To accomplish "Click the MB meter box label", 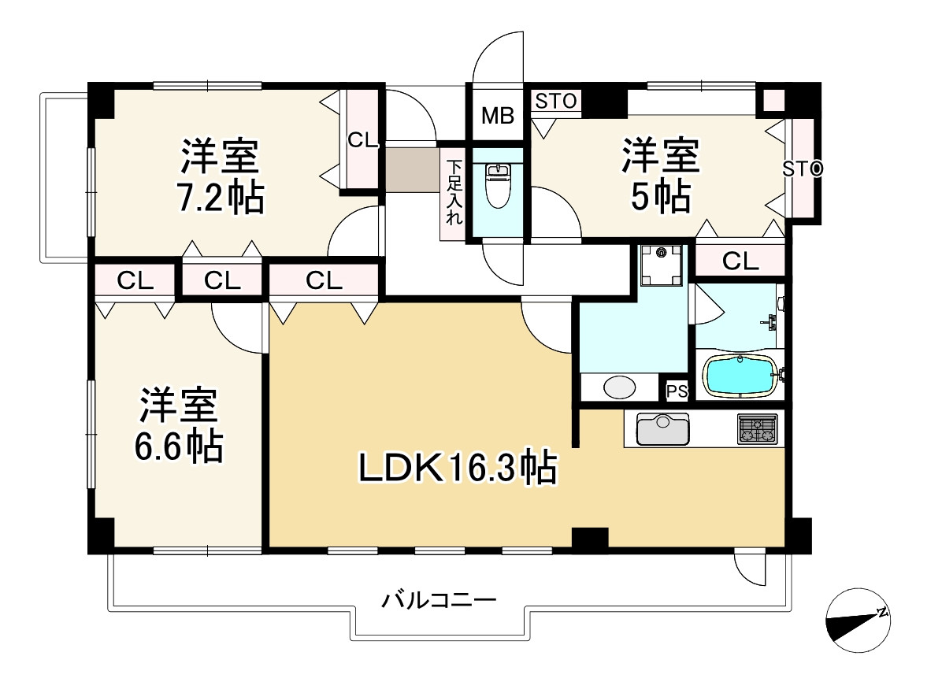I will [498, 117].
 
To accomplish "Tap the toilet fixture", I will [498, 186].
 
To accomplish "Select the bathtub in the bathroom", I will [740, 375].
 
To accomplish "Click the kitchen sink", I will [662, 429].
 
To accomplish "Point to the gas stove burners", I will [757, 429].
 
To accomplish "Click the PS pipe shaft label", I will [677, 391].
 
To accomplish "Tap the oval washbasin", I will [619, 388].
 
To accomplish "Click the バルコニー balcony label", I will [439, 602].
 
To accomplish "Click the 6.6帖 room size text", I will [178, 447].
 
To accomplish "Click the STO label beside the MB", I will [557, 101].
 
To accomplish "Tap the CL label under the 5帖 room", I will [740, 261].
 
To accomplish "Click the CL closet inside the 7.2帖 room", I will [363, 140].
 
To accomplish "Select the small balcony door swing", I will [748, 565].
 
